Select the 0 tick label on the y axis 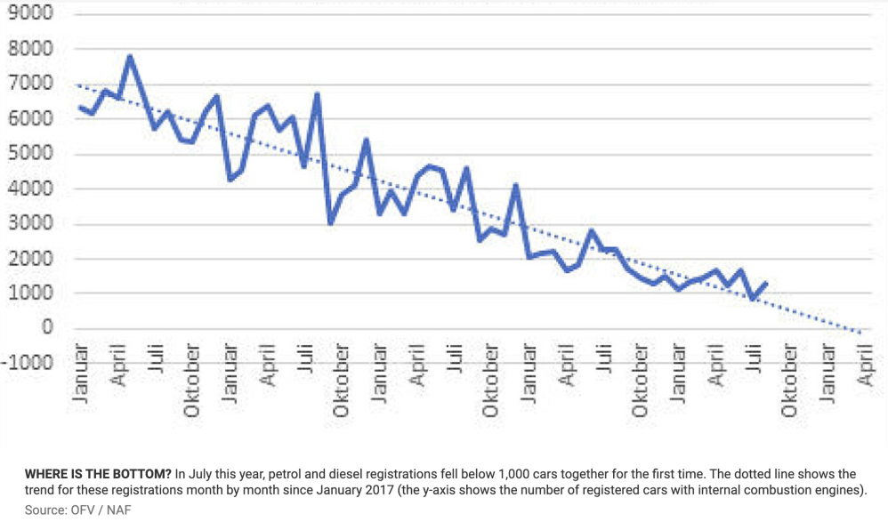(x=47, y=328)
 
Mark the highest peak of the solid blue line (x=130, y=57)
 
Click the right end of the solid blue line (x=766, y=283)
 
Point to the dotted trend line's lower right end (x=862, y=333)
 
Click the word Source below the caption (x=46, y=510)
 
